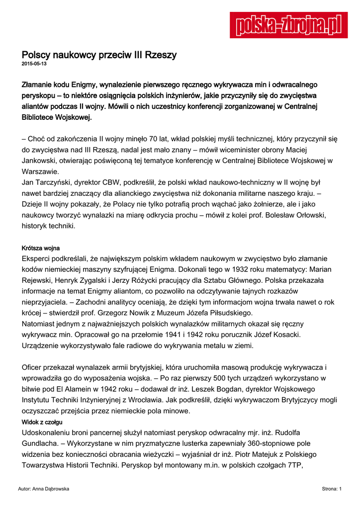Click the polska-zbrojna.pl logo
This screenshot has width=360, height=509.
point(288,25)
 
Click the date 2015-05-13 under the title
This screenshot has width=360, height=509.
point(34,64)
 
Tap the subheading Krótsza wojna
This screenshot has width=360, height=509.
point(41,248)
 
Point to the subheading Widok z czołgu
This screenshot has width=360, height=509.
point(41,422)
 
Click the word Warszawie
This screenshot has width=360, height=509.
point(41,171)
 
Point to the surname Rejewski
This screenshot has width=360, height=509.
point(41,280)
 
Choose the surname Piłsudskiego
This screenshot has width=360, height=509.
point(227,313)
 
